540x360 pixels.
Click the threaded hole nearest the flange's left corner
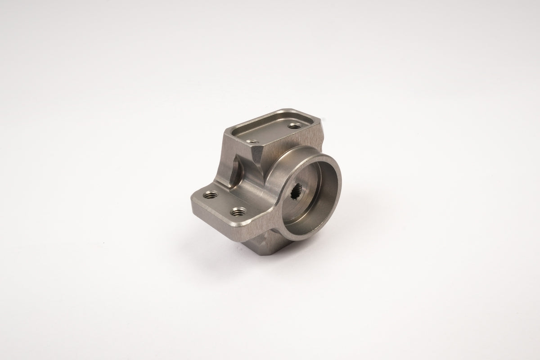tap(210, 195)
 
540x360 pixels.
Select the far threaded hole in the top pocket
tap(295, 126)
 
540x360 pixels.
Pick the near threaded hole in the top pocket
tap(251, 141)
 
